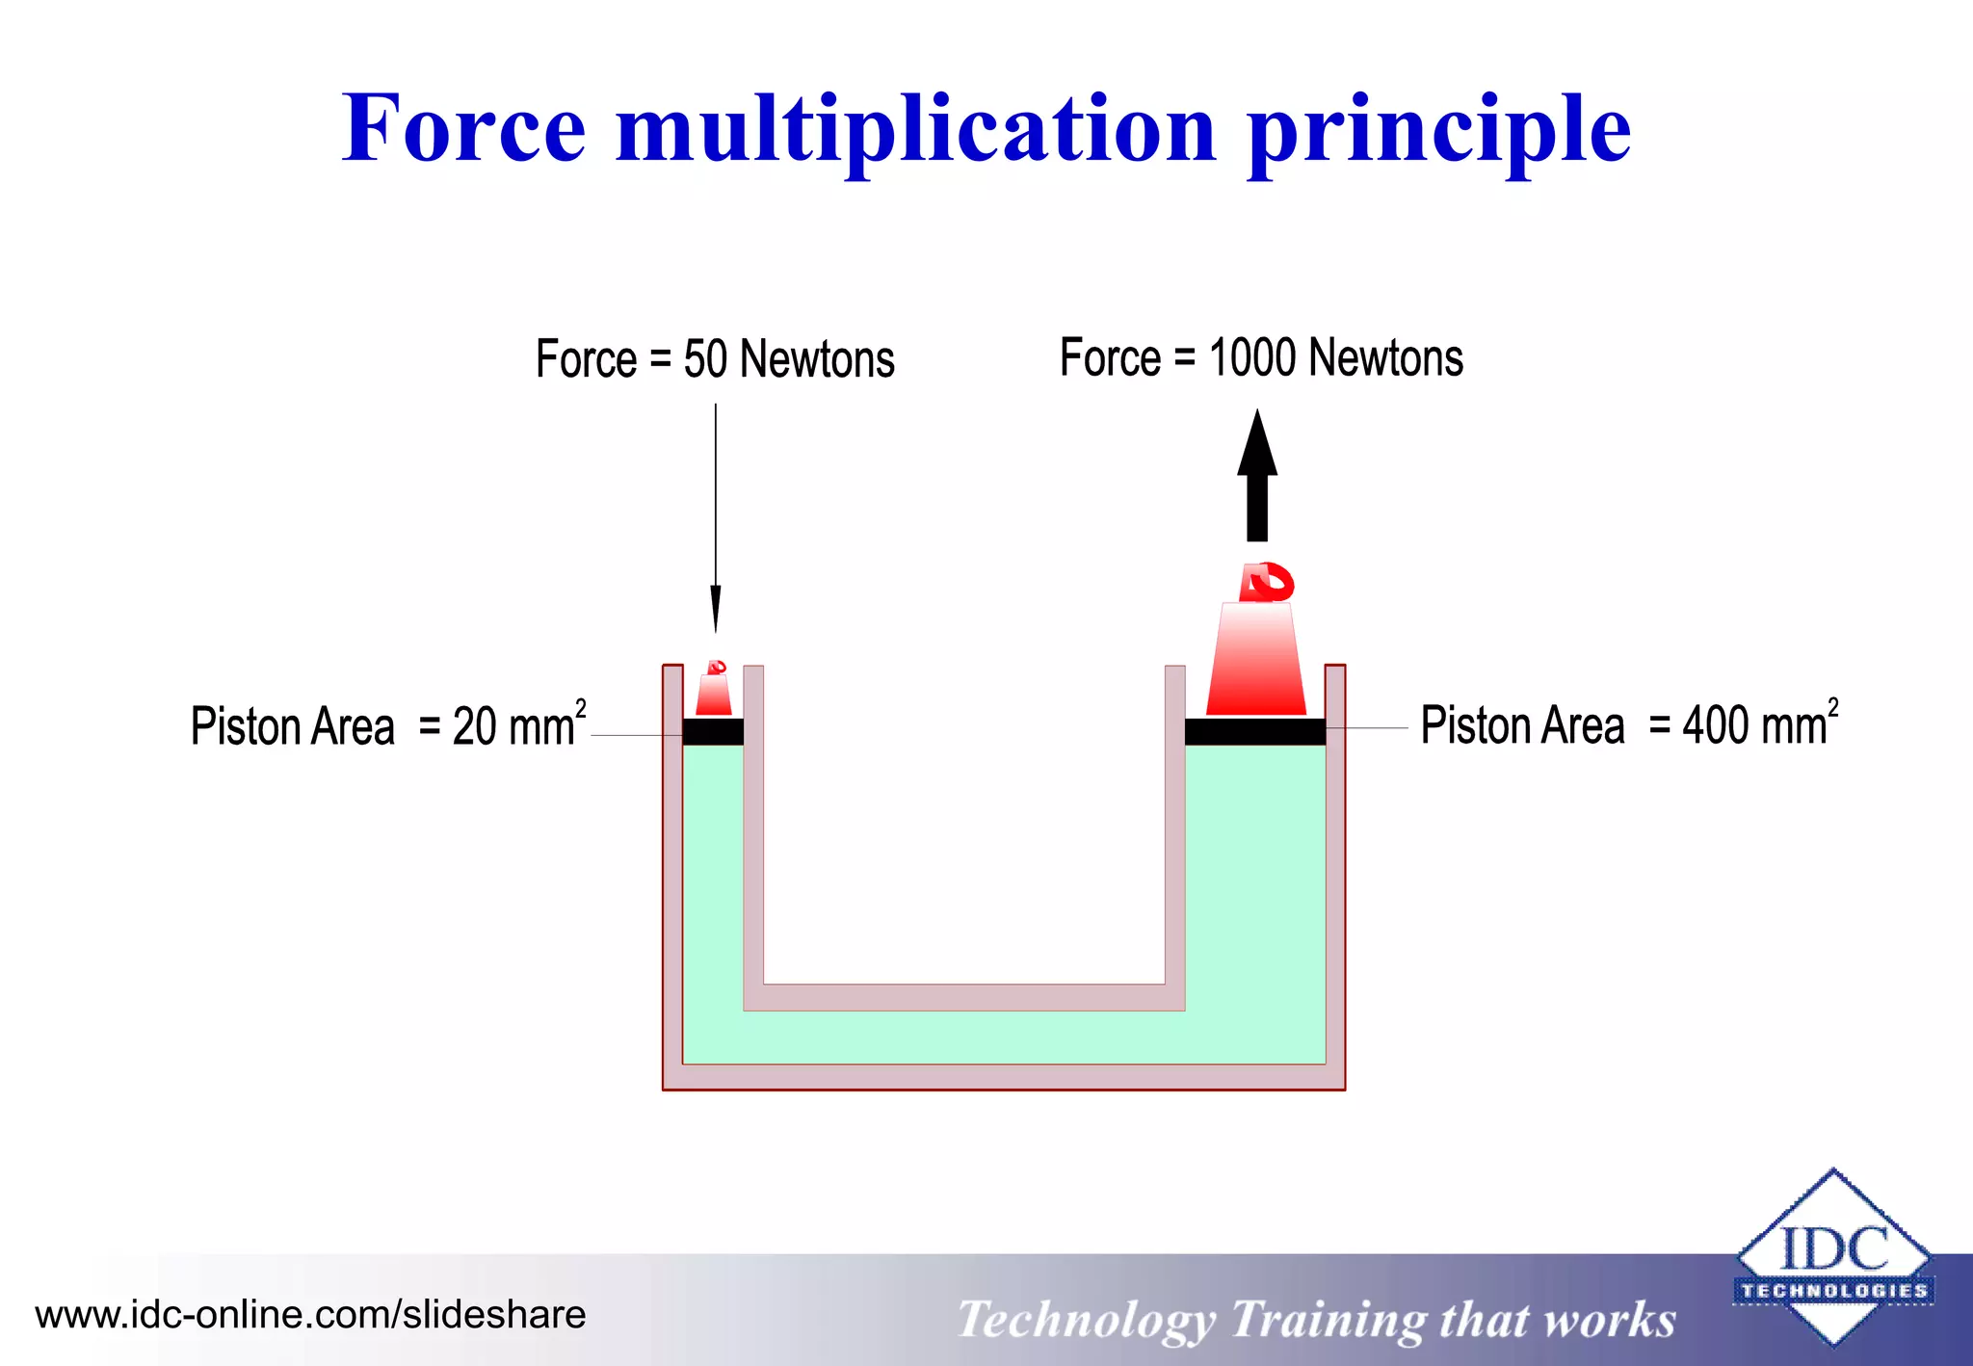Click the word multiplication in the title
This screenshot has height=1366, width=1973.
(916, 130)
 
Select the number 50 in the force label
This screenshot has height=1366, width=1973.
(705, 360)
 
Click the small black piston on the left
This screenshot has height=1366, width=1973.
(713, 732)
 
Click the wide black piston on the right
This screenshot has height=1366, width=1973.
(1254, 732)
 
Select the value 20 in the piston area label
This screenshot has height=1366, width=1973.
(474, 727)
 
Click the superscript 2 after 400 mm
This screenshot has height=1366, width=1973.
(1832, 707)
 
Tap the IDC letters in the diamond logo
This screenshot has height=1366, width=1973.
(1833, 1249)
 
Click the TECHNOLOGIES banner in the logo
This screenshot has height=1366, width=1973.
(1833, 1290)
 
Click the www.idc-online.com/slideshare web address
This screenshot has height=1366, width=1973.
(310, 1315)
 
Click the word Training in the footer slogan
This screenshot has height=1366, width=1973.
(1328, 1320)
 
